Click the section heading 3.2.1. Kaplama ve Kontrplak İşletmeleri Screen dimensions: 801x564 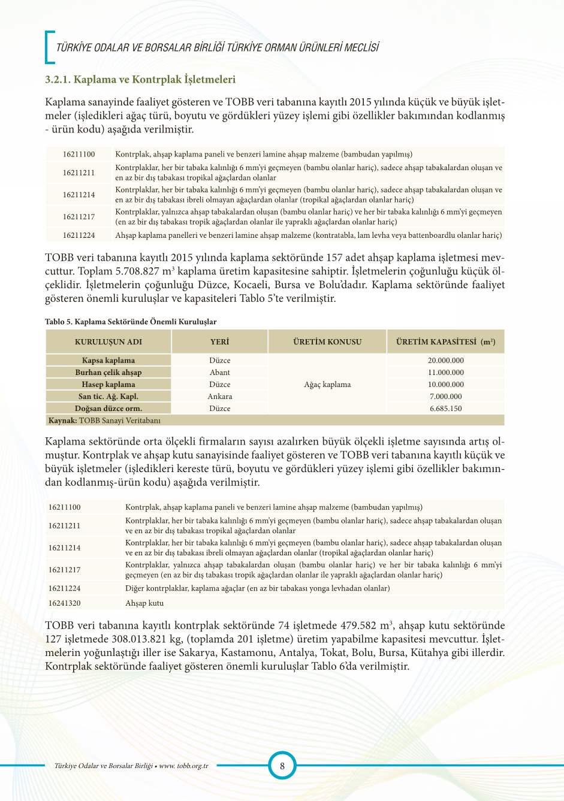(140, 80)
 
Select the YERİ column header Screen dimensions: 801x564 (219, 341)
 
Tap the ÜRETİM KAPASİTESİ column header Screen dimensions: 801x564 (445, 341)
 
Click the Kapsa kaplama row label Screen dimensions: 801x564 (108, 360)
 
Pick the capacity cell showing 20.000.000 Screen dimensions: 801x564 (445, 360)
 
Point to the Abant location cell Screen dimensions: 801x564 (219, 372)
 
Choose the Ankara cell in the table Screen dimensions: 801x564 (219, 396)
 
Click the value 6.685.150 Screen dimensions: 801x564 (445, 408)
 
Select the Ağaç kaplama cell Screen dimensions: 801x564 (327, 384)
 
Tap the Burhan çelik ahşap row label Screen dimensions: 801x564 (108, 372)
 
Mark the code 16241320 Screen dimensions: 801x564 (65, 603)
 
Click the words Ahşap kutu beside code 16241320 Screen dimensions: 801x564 (144, 603)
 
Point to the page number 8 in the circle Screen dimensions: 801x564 (282, 765)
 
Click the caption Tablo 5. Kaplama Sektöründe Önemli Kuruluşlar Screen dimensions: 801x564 (131, 322)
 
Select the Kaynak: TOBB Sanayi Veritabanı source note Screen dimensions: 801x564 (104, 421)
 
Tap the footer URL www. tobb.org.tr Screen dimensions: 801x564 (183, 766)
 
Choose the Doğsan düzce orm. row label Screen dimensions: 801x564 (108, 408)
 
